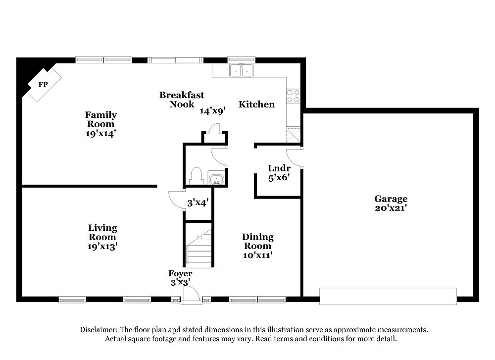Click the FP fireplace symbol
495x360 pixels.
43,85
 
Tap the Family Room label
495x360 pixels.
100,119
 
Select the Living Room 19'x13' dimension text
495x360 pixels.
102,246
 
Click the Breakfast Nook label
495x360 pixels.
182,99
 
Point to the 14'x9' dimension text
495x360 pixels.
213,111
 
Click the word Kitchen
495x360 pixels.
256,104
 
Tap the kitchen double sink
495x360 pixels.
241,71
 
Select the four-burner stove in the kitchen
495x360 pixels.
294,96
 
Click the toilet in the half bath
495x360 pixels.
196,176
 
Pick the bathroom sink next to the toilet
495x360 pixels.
216,178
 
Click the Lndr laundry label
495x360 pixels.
279,168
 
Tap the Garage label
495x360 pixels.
391,199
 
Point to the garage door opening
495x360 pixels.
388,296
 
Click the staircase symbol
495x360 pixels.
199,250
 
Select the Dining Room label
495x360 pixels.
257,242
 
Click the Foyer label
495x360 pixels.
180,273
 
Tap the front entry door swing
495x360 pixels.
191,294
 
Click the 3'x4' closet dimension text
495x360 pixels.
198,203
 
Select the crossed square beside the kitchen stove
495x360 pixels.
294,134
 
